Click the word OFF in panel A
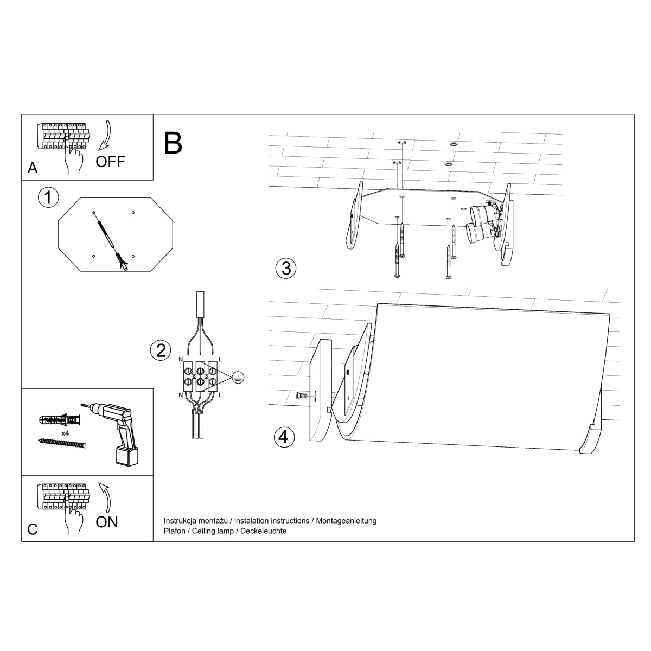[x=110, y=161]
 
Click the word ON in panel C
[x=106, y=522]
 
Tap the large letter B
[x=173, y=143]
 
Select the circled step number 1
[x=48, y=197]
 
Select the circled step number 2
[x=160, y=350]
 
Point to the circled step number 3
[x=285, y=268]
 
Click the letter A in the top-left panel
[x=33, y=168]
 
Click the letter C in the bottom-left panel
[x=33, y=529]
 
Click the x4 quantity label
[x=65, y=433]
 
